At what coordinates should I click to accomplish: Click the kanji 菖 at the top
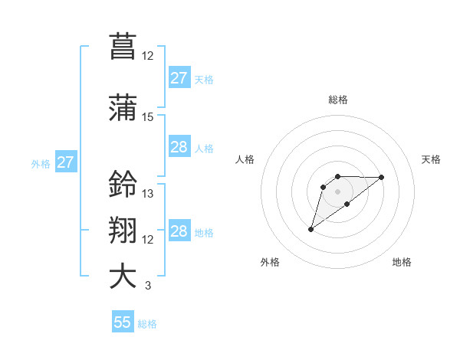(x=123, y=46)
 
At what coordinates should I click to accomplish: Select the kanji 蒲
(x=123, y=107)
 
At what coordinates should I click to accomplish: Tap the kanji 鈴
(x=123, y=184)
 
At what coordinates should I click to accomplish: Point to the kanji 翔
(x=123, y=231)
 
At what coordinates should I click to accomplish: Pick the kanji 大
(x=123, y=277)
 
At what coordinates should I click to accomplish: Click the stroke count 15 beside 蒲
(x=147, y=117)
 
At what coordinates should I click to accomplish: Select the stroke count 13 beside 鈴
(x=147, y=193)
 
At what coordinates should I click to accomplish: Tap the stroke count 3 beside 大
(x=147, y=286)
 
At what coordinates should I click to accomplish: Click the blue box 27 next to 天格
(x=179, y=78)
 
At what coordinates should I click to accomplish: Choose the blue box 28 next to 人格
(x=179, y=147)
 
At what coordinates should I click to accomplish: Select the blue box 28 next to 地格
(x=179, y=231)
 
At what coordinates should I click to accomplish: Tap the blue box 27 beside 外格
(x=65, y=162)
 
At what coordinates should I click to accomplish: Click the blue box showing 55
(x=123, y=322)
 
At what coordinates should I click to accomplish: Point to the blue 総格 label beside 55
(x=148, y=324)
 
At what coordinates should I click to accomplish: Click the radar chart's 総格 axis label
(x=337, y=100)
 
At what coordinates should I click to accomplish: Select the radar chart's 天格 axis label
(x=431, y=159)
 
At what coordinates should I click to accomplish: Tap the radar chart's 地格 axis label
(x=402, y=262)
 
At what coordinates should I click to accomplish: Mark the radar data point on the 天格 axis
(x=381, y=177)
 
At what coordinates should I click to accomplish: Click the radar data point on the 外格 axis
(x=310, y=228)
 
